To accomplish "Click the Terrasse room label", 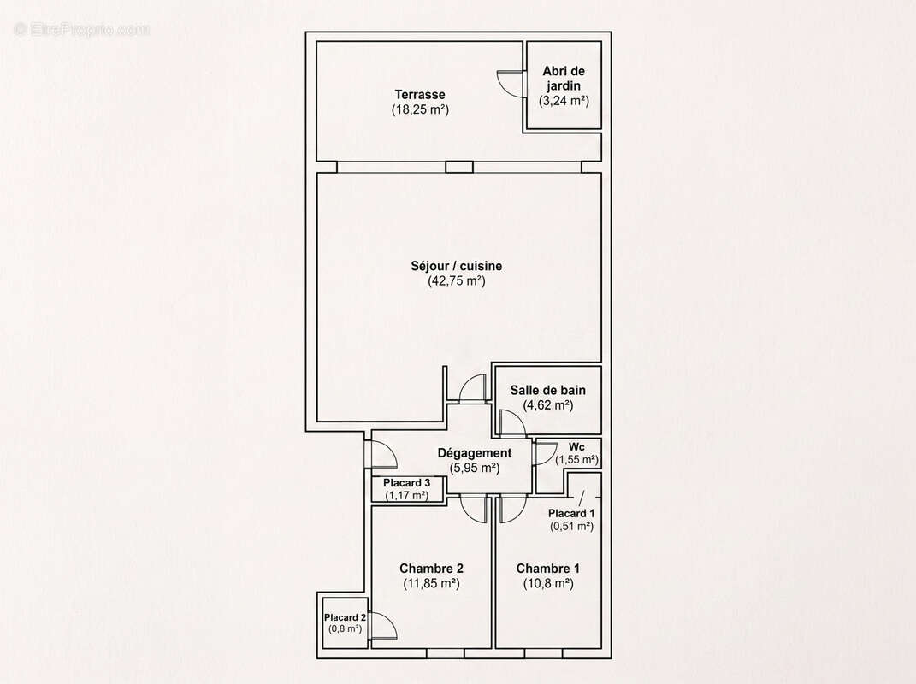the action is pos(419,94).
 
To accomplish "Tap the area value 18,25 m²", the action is pos(420,109).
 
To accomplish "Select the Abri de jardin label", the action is pos(564,79).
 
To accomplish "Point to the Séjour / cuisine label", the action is pos(456,266).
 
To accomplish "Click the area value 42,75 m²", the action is pos(456,281).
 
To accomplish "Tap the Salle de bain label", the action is pos(547,390).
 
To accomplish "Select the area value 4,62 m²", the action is pos(547,404).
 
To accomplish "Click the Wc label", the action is pos(576,447).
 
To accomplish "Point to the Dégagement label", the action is pos(475,452).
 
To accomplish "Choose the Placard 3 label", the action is pos(406,483).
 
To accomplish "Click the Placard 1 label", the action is pos(570,514).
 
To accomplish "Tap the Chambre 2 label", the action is pos(431,569).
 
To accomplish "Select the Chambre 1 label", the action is pos(548,569).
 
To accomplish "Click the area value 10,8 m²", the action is pos(548,583).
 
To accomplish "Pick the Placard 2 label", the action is pos(346,617).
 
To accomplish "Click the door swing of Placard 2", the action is pos(390,618).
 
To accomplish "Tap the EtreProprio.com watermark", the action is pos(82,28).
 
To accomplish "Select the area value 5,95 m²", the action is pos(475,468).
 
